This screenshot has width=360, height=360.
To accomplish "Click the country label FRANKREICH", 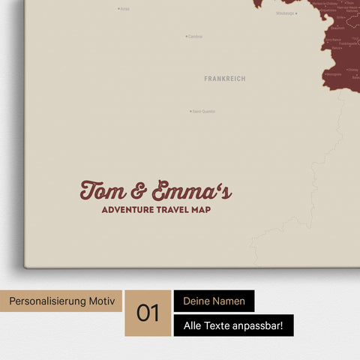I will [x=224, y=78].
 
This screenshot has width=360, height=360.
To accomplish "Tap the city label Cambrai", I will [x=195, y=36].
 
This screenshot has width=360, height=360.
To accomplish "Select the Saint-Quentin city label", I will [x=204, y=112].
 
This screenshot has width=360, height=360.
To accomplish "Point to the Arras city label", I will [x=125, y=9].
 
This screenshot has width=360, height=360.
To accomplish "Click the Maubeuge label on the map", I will [x=285, y=13].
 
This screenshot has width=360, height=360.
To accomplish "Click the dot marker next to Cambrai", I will [x=187, y=36].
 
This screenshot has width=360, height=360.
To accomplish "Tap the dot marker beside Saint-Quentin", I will [x=190, y=112].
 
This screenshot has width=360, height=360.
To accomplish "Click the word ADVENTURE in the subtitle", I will [x=128, y=210].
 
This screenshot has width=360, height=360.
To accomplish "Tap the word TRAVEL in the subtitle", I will [x=176, y=210].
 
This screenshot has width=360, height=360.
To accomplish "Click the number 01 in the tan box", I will [x=148, y=313].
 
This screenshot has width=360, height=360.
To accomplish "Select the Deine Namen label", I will [x=214, y=301].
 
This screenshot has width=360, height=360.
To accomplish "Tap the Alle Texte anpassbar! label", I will [x=233, y=325].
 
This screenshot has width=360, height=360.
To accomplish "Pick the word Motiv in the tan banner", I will [x=103, y=301].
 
